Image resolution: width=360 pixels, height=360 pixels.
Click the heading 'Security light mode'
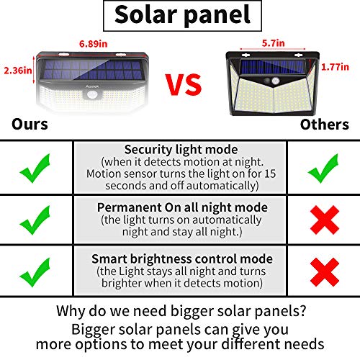[180, 150]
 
